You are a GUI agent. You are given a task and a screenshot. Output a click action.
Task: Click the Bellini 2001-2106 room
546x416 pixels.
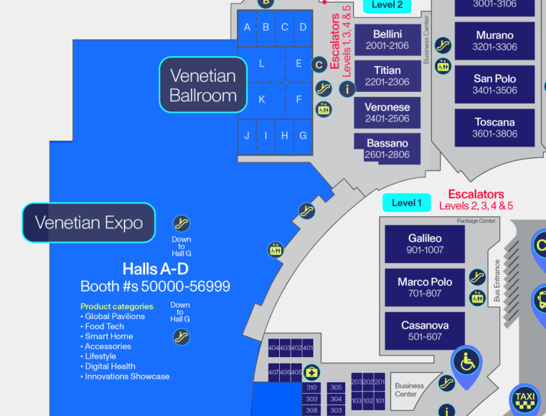click(387, 40)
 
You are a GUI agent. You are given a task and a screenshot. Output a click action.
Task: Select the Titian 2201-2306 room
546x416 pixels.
click(387, 76)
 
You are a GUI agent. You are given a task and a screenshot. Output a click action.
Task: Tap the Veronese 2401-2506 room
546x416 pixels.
click(387, 113)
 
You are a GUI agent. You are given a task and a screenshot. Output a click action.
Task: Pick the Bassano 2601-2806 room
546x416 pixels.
click(387, 149)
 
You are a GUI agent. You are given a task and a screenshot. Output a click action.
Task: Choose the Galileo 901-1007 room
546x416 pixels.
click(425, 244)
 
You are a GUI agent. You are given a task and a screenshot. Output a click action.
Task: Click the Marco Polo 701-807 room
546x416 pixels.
click(425, 287)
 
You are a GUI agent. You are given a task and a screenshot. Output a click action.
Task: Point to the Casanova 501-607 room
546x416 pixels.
click(425, 331)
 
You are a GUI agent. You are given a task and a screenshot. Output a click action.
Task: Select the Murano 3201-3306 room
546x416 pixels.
click(494, 41)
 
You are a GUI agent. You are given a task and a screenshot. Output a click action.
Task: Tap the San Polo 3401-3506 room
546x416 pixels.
click(494, 84)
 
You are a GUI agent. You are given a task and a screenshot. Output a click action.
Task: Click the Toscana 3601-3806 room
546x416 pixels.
click(494, 127)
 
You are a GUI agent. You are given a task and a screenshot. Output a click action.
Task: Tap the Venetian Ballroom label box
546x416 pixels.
click(203, 85)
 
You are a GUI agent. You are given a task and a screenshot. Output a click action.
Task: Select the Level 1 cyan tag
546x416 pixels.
click(406, 203)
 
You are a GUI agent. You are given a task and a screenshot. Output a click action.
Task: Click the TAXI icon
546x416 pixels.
click(524, 397)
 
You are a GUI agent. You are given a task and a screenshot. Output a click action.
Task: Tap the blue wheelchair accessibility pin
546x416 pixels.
click(467, 363)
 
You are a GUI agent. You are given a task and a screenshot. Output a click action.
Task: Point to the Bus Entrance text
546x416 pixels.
click(497, 280)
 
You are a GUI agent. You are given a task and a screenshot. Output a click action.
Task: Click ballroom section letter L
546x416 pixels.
click(262, 64)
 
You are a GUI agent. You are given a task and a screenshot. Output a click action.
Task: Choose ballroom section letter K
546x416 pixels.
click(262, 99)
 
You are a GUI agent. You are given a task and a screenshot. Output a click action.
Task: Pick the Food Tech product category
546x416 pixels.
click(104, 326)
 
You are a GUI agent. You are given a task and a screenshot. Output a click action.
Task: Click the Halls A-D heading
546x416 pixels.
click(155, 269)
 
